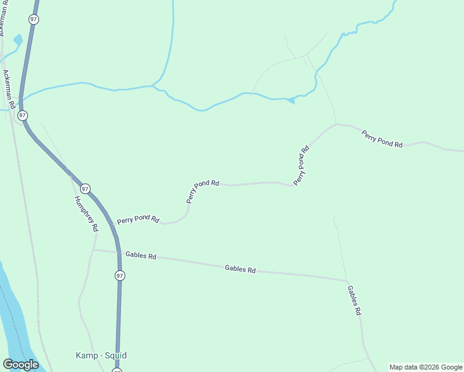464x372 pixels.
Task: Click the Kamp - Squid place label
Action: [x=101, y=355]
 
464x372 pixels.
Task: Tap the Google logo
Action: [x=20, y=365]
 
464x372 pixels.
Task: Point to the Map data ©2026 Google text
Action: [x=426, y=367]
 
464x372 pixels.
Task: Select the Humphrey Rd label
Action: [x=86, y=214]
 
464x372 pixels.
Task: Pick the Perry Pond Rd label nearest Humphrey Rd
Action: [x=138, y=220]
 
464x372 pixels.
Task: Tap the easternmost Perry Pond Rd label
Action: [x=382, y=138]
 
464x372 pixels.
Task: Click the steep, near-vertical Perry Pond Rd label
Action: [x=301, y=166]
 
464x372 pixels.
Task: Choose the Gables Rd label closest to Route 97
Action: [x=141, y=255]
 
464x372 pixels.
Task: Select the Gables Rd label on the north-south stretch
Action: [x=354, y=301]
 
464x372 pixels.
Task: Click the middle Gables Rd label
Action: [x=240, y=269]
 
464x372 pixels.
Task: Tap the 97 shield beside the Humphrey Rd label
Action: [x=85, y=188]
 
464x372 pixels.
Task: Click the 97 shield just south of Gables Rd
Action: [x=120, y=275]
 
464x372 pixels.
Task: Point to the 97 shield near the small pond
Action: [x=33, y=20]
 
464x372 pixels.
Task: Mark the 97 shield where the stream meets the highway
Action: [x=23, y=116]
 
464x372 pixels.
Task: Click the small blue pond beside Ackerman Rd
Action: [x=17, y=40]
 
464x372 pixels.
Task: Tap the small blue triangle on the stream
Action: [x=290, y=100]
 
